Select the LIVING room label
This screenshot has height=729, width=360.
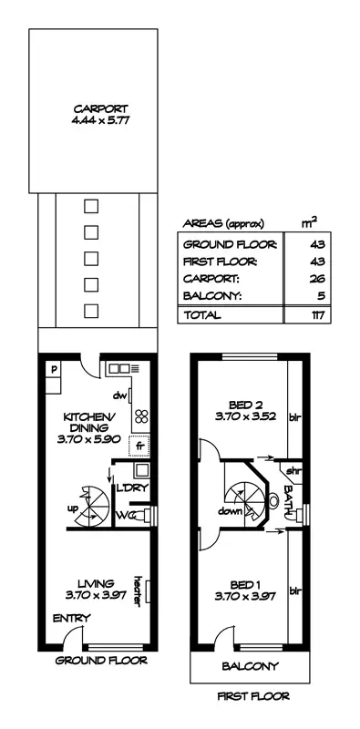tap(95, 583)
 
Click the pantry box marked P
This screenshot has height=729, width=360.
tap(54, 370)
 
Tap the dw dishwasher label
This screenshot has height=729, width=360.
tap(118, 396)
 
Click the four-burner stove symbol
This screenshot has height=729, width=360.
tap(140, 416)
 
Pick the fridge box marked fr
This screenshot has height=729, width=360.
tap(139, 446)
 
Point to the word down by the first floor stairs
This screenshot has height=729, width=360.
tap(230, 512)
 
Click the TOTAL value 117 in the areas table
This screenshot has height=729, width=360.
tap(317, 315)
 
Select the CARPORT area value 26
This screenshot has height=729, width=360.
tap(317, 279)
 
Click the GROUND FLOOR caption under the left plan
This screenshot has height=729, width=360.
tap(89, 660)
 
